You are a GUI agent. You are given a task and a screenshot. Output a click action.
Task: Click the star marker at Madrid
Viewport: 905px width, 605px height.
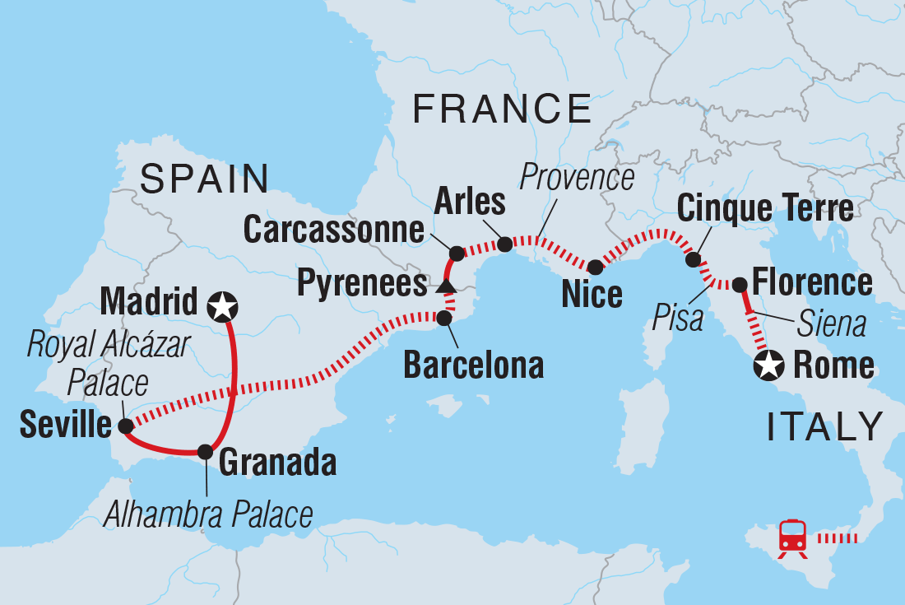tap(221, 306)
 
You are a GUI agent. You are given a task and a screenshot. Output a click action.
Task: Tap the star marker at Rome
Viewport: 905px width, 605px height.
tap(768, 365)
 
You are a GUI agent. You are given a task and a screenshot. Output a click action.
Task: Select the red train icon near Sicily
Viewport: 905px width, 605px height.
tap(792, 539)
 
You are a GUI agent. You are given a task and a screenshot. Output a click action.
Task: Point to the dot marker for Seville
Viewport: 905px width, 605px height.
tap(125, 426)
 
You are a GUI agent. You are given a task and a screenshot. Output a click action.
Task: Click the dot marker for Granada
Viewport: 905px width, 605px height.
tap(205, 451)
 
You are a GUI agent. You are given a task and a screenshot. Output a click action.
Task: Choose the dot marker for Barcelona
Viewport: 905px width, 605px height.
tap(444, 318)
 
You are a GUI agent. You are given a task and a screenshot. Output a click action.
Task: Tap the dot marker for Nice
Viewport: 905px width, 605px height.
tap(594, 267)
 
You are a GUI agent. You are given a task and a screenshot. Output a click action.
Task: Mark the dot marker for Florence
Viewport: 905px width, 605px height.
tap(739, 285)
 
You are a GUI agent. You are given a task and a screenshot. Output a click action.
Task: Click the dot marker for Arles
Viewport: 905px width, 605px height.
tap(505, 244)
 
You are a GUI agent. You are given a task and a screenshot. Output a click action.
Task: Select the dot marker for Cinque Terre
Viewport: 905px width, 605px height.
tap(694, 260)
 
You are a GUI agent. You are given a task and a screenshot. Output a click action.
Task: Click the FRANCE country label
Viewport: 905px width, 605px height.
tap(502, 109)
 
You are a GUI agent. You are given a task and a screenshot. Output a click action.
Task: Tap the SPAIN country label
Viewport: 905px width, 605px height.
tap(205, 179)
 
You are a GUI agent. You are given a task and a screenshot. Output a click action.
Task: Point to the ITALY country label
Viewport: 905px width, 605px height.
tap(825, 427)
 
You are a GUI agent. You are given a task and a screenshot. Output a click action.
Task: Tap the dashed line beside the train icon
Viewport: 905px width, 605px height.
tap(838, 540)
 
